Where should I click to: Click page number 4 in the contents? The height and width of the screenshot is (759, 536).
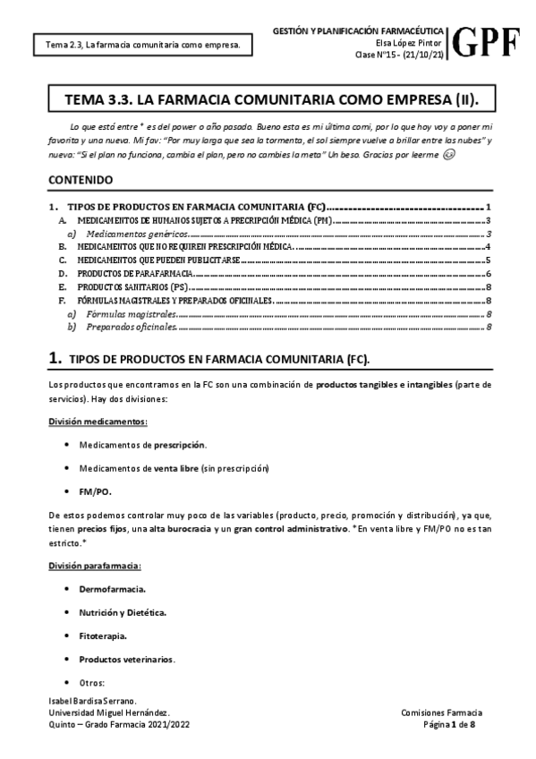click(487, 246)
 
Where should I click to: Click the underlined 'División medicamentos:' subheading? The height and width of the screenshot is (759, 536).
click(98, 421)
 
